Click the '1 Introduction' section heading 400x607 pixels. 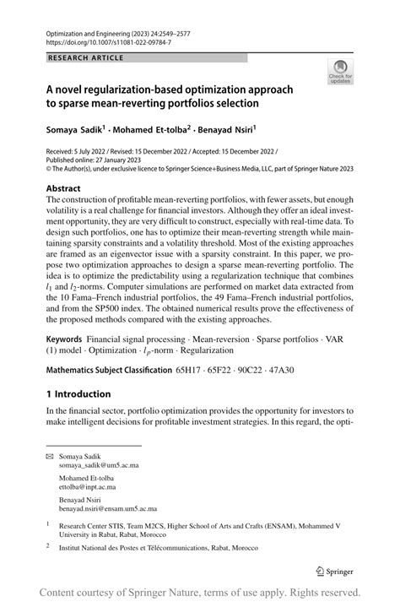(x=78, y=393)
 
